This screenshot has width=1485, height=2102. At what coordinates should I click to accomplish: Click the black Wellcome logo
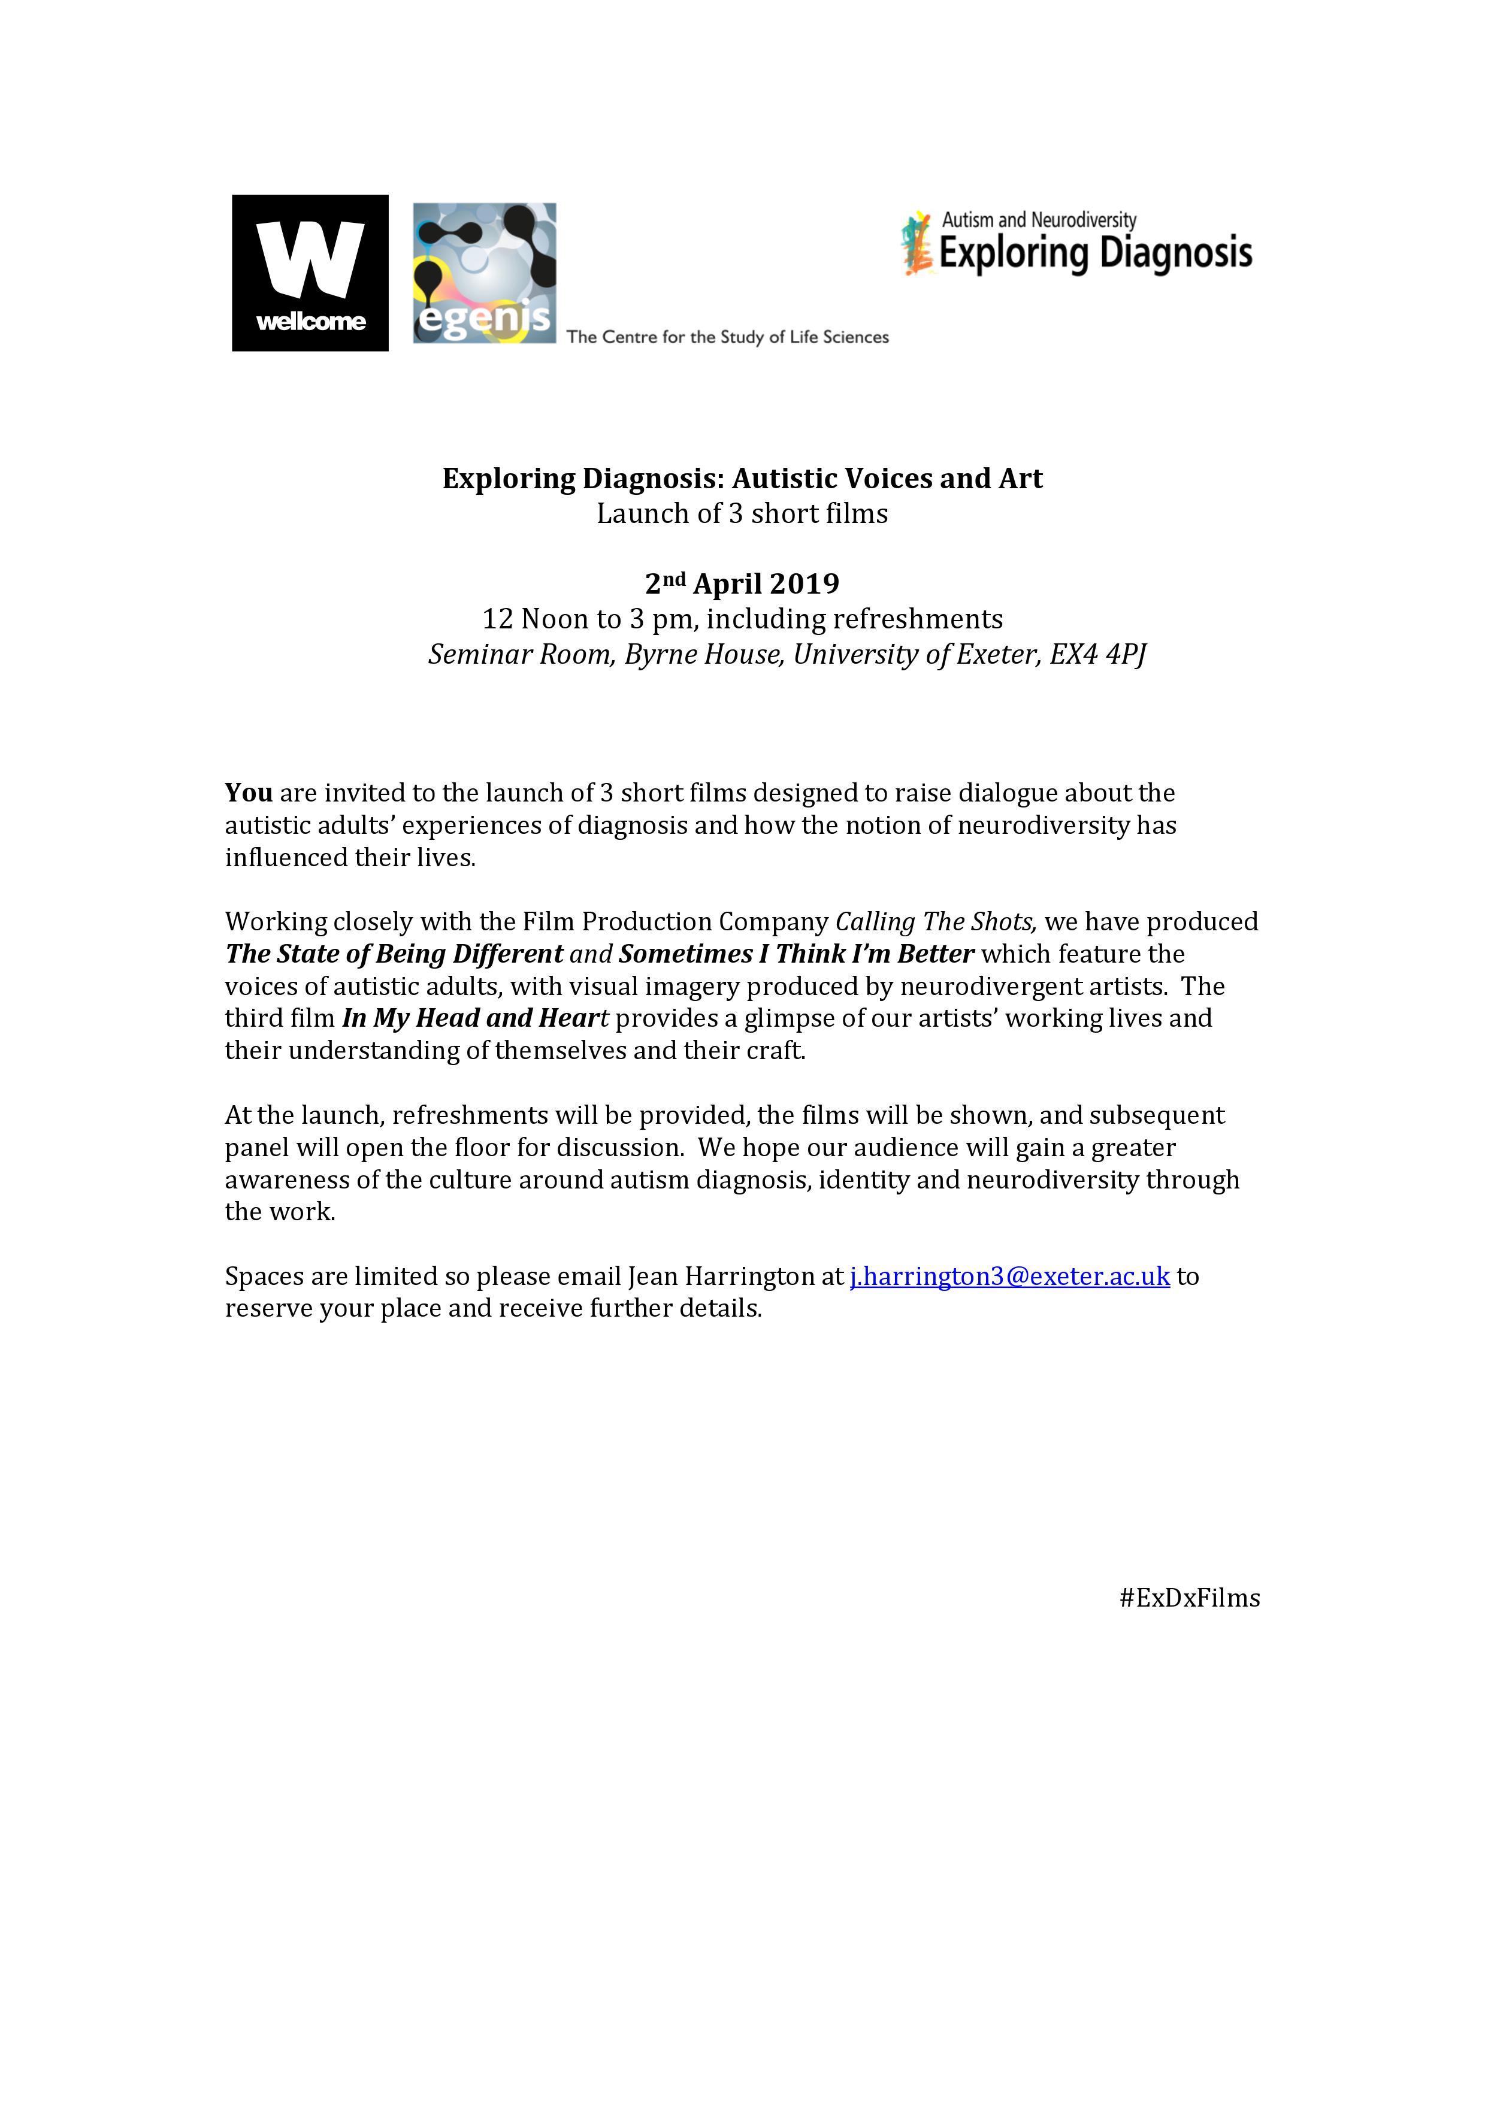click(310, 272)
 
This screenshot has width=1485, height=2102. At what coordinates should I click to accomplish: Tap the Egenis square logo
click(485, 273)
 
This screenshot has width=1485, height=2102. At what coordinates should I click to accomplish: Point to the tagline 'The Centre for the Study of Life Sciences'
click(727, 337)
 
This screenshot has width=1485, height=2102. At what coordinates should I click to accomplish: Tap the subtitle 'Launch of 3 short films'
click(742, 513)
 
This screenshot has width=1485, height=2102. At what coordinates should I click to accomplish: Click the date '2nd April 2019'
click(742, 583)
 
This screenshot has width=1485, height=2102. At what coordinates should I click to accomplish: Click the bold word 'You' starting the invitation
click(249, 793)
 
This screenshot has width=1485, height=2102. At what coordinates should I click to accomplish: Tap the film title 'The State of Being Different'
click(394, 954)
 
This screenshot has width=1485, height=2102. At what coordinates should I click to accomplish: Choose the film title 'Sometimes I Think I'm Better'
click(796, 954)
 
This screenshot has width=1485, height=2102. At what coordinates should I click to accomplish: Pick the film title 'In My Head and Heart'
click(475, 1018)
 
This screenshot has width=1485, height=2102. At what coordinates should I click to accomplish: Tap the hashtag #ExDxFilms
click(1188, 1598)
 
